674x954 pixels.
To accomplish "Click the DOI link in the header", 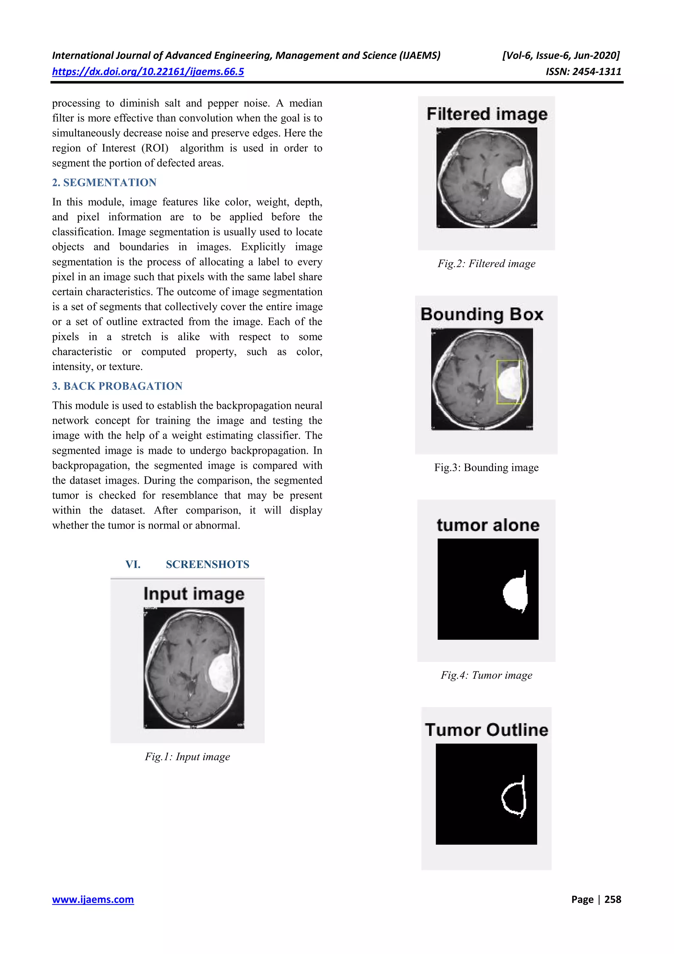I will click(x=148, y=72).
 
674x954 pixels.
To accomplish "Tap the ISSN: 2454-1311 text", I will click(x=583, y=72).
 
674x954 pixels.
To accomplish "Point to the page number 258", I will click(x=612, y=900).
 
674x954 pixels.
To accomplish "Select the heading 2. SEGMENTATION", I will click(x=104, y=182).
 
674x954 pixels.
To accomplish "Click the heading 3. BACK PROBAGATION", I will click(x=117, y=386).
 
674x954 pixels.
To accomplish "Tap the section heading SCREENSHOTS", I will click(x=207, y=564).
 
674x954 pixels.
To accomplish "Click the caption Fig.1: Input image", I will click(x=187, y=757).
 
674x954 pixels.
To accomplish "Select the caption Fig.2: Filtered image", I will click(x=486, y=264).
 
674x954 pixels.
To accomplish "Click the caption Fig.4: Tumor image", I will click(x=486, y=675).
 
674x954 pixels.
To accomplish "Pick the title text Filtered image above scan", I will click(x=487, y=114).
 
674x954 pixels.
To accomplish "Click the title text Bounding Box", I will click(x=482, y=314).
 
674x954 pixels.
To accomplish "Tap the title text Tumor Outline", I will click(x=486, y=730).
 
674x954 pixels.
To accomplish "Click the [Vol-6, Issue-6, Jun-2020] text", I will click(x=561, y=56).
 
